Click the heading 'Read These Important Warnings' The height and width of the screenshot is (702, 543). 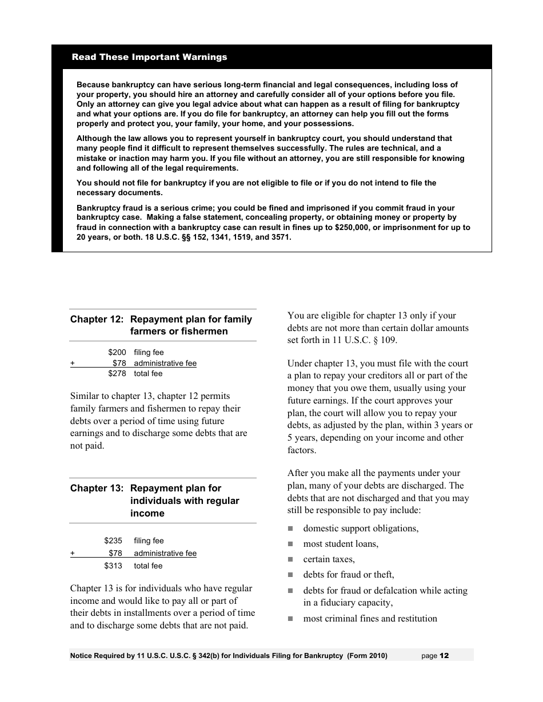pos(149,57)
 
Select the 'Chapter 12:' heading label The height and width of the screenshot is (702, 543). pos(97,319)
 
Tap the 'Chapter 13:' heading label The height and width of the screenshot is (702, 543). pos(97,488)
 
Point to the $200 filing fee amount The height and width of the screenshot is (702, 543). pos(117,352)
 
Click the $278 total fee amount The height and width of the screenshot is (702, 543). pos(117,373)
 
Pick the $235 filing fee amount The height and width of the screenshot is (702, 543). pos(113,540)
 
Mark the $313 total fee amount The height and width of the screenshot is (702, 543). pos(113,566)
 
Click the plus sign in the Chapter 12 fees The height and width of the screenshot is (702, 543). pos(73,363)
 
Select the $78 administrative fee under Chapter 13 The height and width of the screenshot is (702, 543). pos(115,553)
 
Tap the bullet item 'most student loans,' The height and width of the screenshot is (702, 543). pos(341,543)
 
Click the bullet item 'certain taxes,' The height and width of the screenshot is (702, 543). pos(329,559)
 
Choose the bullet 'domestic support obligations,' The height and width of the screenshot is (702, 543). pos(361,528)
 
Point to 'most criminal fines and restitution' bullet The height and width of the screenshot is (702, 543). pos(370,618)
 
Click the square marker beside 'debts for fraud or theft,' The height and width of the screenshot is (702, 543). pos(290,575)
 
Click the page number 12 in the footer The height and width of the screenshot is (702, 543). pos(445,656)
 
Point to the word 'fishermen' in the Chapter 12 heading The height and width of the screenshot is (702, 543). pos(206,332)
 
